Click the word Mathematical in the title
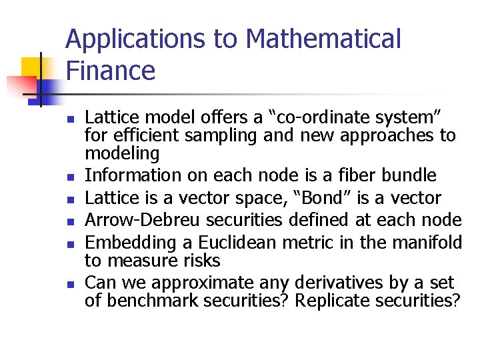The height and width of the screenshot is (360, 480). coord(323,40)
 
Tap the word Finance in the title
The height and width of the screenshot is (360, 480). coord(110,70)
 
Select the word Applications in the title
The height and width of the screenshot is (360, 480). coord(136,40)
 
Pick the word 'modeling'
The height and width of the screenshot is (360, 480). coord(122,154)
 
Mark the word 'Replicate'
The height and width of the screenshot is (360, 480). coord(332,301)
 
